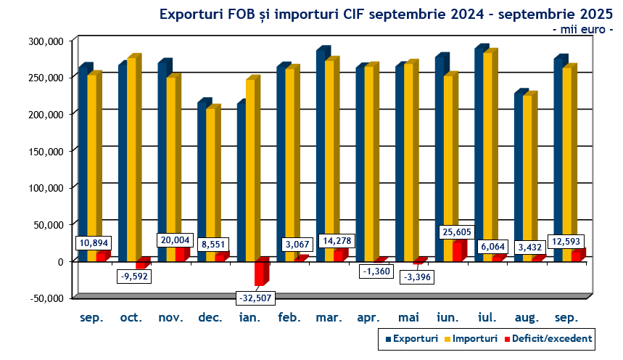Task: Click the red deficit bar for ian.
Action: (x=259, y=273)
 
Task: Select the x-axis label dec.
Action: (x=210, y=318)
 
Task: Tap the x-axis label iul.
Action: (x=487, y=318)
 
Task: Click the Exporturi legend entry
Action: (x=411, y=338)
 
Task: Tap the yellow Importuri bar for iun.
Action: (x=449, y=156)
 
